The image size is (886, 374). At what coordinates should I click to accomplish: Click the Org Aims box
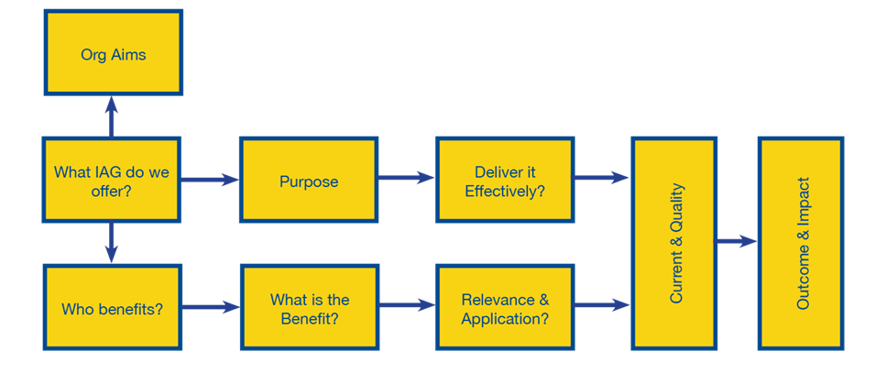point(114,53)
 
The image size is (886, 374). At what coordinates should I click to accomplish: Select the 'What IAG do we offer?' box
point(112,180)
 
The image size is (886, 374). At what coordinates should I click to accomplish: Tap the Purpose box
point(308,181)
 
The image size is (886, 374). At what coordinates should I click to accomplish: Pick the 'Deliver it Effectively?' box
point(504,181)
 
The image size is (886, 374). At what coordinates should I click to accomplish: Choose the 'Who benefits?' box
point(112,308)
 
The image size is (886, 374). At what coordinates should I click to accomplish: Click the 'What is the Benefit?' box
point(308,308)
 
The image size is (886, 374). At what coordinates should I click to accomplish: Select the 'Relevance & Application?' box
point(504,308)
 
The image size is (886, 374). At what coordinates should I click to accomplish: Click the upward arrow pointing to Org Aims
point(112,115)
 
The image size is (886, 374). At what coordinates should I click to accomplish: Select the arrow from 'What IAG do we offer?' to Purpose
point(210,180)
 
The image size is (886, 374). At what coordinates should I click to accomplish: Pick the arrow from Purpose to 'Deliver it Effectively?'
point(406,178)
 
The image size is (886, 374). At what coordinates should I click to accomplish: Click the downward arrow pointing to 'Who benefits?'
point(112,242)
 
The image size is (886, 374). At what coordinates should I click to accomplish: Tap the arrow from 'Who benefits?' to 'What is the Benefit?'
point(210,307)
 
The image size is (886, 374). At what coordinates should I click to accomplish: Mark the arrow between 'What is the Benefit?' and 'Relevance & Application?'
point(406,305)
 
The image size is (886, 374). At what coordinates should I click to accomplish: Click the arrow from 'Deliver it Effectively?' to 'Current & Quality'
point(602,178)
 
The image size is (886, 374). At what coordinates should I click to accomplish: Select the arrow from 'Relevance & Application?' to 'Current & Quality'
point(602,305)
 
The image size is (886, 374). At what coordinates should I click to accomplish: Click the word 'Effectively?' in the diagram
point(504,192)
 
